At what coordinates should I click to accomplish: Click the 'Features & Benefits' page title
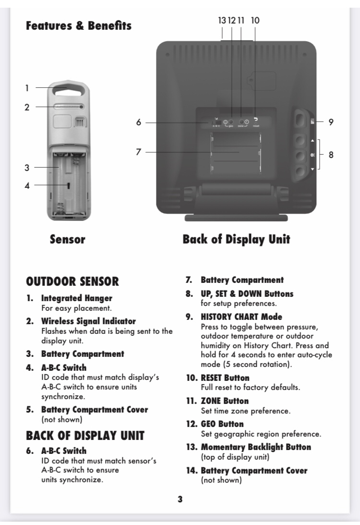tap(79, 26)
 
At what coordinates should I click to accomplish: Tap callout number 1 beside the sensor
tap(27, 88)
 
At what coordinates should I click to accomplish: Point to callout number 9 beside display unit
tap(331, 122)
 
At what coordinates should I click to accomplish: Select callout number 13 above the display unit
tap(222, 20)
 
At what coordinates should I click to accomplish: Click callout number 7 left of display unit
tap(139, 152)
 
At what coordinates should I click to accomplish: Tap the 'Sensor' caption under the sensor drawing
tap(68, 239)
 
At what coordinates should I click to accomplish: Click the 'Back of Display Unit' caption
tap(236, 239)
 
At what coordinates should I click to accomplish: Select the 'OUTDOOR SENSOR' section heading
tap(72, 281)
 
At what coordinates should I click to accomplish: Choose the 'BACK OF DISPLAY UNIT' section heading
tap(85, 436)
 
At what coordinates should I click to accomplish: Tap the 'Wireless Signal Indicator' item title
tap(88, 321)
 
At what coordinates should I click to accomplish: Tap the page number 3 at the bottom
tap(180, 499)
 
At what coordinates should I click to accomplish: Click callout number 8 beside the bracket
tap(331, 155)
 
